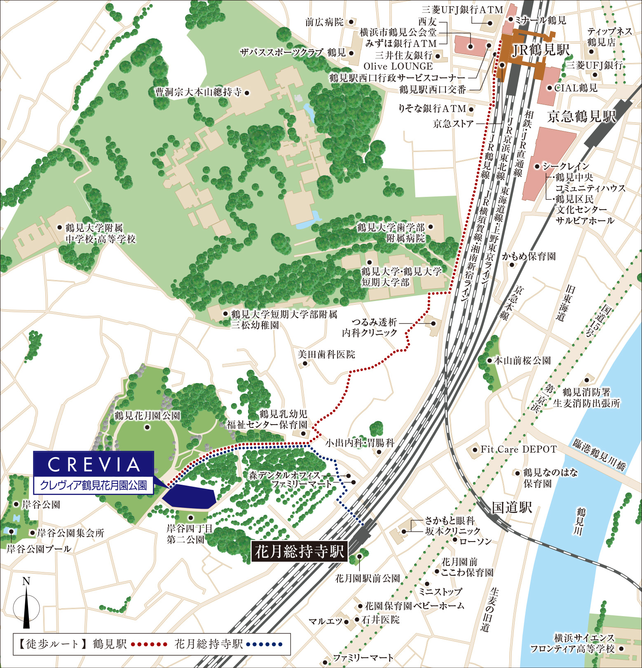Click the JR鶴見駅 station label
pos(540,50)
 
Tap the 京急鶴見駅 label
pos(581,117)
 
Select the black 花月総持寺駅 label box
pos(300,551)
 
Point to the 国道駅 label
pos(512,507)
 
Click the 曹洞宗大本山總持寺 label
pos(198,92)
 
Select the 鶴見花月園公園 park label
pos(147,416)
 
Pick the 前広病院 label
pos(324,22)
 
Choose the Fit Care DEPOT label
pos(518,449)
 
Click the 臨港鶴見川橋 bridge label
pos(599,455)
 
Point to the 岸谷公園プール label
pos(39,549)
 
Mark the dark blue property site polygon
pos(190,497)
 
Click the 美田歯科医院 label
pos(326,355)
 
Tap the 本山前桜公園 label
pos(522,361)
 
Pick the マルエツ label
pos(326,621)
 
